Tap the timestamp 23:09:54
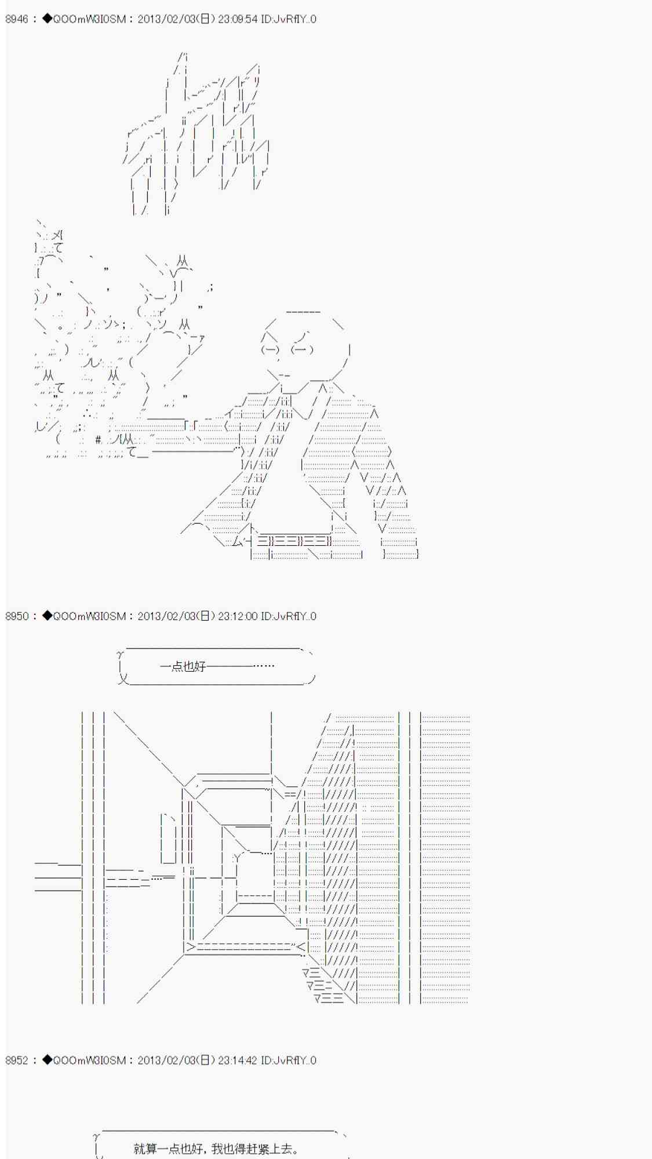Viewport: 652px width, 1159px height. point(238,19)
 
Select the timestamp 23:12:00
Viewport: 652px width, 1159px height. point(238,616)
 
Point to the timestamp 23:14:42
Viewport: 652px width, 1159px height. point(238,1060)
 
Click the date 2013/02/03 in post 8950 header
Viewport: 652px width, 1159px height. point(166,616)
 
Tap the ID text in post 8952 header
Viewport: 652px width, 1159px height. point(289,1060)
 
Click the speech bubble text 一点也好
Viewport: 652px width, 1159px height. point(183,666)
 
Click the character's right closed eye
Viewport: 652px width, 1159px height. point(302,349)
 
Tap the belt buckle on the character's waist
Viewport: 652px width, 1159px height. point(293,541)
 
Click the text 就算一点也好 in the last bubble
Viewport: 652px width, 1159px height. point(168,1149)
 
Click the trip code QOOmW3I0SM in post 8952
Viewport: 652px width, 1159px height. point(89,1060)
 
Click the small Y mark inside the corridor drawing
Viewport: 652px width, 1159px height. point(236,858)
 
